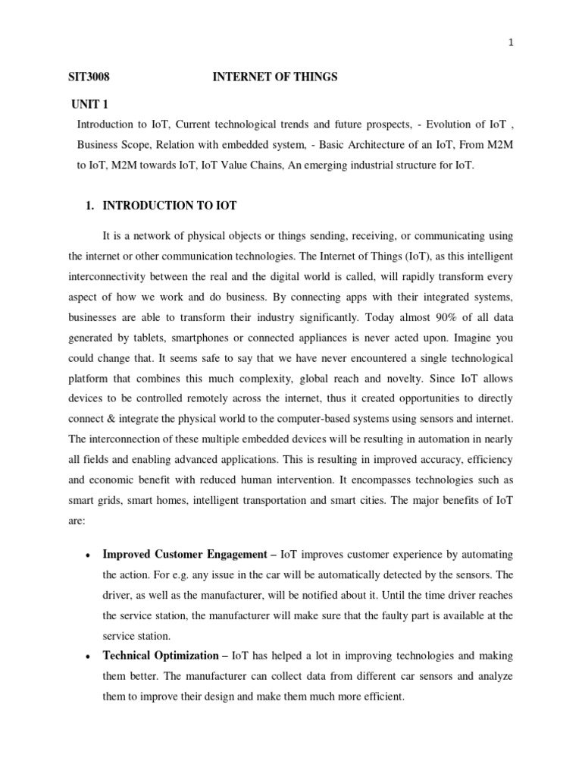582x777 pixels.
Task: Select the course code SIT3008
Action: pyautogui.click(x=89, y=77)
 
